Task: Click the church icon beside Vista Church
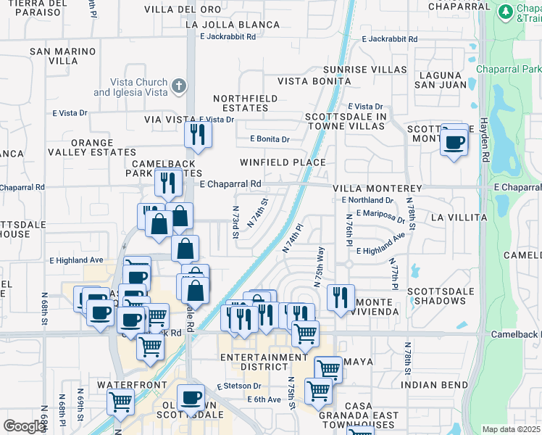[x=179, y=87]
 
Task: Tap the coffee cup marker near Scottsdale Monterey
[x=454, y=141]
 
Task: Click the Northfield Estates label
[x=241, y=103]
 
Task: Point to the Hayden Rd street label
[x=484, y=134]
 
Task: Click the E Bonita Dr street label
[x=270, y=138]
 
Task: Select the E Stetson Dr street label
[x=238, y=387]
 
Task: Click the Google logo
[x=24, y=426]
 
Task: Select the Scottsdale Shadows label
[x=435, y=296]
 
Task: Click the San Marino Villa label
[x=63, y=57]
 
